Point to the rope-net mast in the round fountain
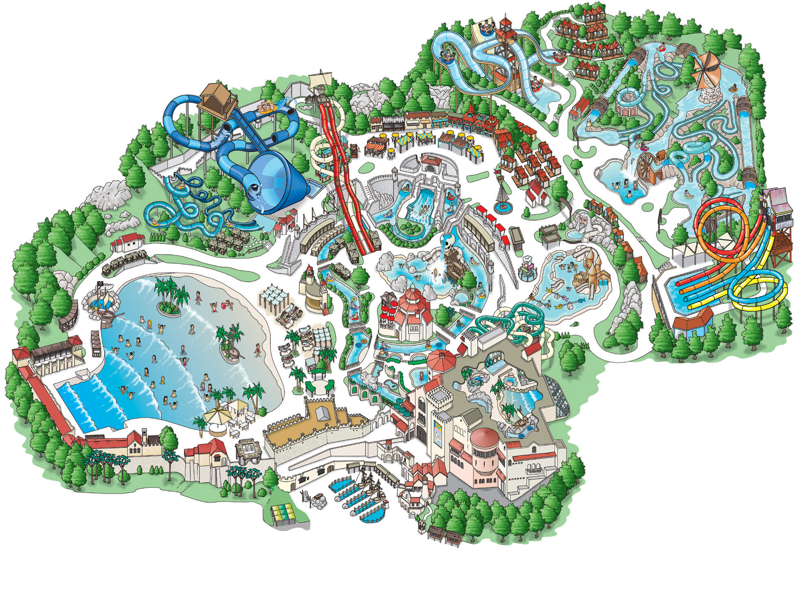click(x=502, y=192)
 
